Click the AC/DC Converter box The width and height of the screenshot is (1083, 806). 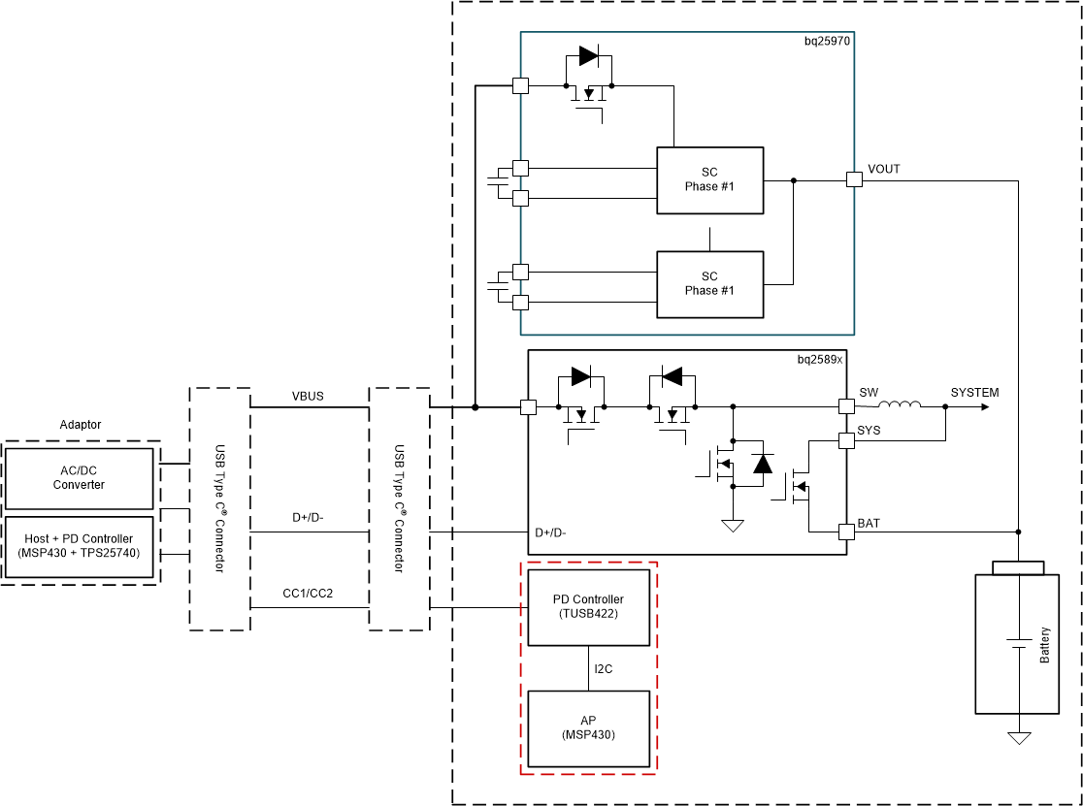(x=79, y=477)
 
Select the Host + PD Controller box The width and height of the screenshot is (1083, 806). (x=79, y=545)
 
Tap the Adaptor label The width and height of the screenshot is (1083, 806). (x=81, y=425)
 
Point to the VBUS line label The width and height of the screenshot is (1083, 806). (x=308, y=397)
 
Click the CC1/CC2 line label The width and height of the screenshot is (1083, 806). (x=308, y=594)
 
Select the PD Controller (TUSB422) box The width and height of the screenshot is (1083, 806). (x=588, y=606)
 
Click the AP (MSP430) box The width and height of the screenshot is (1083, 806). (x=588, y=727)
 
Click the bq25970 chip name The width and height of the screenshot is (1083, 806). (x=828, y=42)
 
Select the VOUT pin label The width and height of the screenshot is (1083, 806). (x=883, y=169)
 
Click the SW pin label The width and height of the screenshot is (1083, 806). (x=868, y=393)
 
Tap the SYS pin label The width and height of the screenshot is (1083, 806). (x=870, y=429)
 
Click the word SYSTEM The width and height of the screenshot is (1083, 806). (x=973, y=393)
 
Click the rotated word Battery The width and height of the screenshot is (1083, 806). (x=1044, y=645)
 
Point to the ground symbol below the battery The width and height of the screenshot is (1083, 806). (x=1018, y=738)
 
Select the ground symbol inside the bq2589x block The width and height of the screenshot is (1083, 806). (x=733, y=526)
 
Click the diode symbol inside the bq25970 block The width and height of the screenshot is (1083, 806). (x=588, y=56)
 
